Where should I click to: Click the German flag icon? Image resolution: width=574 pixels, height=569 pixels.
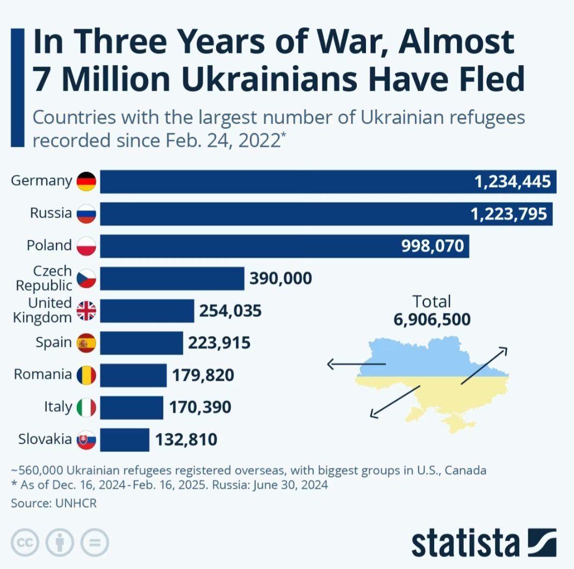(x=86, y=182)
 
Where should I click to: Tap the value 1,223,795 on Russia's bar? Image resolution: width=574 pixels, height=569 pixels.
(x=508, y=214)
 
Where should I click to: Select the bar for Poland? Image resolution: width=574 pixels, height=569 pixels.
(x=284, y=246)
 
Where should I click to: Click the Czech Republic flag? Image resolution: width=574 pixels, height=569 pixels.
(x=86, y=279)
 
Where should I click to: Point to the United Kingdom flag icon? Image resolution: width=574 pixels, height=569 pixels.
(x=86, y=311)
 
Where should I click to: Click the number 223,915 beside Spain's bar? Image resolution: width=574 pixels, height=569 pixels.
(x=219, y=343)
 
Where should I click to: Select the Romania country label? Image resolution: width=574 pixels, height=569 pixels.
(x=42, y=374)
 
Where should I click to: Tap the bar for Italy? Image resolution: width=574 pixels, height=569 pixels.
(x=131, y=407)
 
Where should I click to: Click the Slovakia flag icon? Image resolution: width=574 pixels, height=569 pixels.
(x=86, y=439)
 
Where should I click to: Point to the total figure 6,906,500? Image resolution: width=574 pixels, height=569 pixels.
(x=432, y=319)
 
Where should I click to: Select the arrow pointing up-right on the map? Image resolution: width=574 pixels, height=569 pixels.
(x=484, y=365)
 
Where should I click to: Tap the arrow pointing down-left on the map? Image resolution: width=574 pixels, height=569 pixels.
(x=395, y=401)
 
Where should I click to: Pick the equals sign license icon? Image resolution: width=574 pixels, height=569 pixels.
(x=95, y=543)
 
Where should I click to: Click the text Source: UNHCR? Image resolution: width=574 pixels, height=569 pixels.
(x=53, y=503)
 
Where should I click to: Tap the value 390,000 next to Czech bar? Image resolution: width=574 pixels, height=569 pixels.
(x=281, y=279)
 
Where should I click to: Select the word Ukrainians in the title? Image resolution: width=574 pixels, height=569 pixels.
(x=269, y=79)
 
